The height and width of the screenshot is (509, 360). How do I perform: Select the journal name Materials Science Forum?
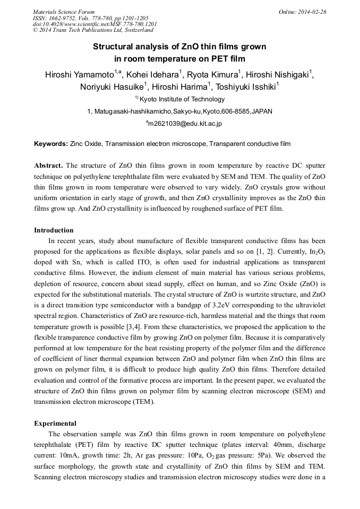[x=64, y=12]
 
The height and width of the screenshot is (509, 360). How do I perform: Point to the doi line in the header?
[x=95, y=24]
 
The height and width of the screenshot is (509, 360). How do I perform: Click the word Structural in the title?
[x=112, y=47]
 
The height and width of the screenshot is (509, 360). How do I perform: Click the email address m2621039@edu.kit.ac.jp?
[x=181, y=124]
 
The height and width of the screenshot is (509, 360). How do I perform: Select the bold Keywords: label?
[x=51, y=144]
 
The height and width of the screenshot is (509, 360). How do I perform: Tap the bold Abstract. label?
[x=49, y=165]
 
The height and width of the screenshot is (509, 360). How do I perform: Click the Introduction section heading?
[x=54, y=230]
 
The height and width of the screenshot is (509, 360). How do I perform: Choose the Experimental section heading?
[x=55, y=424]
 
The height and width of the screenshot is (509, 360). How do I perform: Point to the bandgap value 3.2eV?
[x=237, y=309]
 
